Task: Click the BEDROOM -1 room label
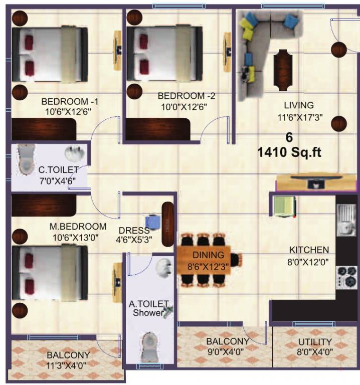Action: [x=66, y=99]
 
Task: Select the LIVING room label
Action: [x=298, y=105]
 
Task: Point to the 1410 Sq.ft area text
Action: [x=289, y=152]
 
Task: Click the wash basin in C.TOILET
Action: [x=72, y=153]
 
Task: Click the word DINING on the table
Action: [x=204, y=255]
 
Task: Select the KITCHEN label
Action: [x=309, y=250]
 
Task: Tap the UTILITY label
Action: [x=315, y=342]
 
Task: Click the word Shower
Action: [x=148, y=313]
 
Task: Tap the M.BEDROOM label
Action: [x=78, y=226]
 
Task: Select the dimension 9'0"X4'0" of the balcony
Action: [x=225, y=351]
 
